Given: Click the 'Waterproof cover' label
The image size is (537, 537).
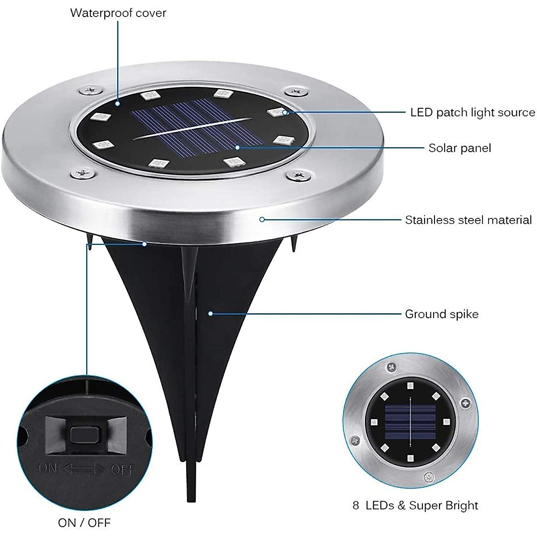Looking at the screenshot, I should pyautogui.click(x=118, y=13).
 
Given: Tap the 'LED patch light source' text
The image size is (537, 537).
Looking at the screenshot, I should pyautogui.click(x=473, y=112).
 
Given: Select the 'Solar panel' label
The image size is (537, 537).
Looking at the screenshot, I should pyautogui.click(x=460, y=148).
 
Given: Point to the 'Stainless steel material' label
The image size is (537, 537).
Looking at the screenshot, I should pyautogui.click(x=468, y=220).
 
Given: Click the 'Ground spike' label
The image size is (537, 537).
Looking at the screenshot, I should pyautogui.click(x=442, y=314).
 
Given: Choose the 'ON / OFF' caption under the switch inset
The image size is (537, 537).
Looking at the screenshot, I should pyautogui.click(x=84, y=522).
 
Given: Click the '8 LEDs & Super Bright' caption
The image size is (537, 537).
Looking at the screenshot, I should pyautogui.click(x=415, y=506).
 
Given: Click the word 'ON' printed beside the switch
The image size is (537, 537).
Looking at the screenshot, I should pyautogui.click(x=48, y=468).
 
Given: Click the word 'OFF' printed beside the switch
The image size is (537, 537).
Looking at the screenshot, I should pyautogui.click(x=121, y=469).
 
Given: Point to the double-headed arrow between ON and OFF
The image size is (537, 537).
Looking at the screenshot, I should pyautogui.click(x=84, y=469).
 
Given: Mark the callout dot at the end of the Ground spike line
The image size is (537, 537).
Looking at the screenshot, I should pyautogui.click(x=210, y=314).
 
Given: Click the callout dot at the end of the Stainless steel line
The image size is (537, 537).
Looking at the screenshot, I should pyautogui.click(x=262, y=219).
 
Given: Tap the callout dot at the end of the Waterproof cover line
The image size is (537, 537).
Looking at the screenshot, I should pyautogui.click(x=118, y=91).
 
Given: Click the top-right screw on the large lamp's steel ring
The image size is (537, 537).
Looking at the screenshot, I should pyautogui.click(x=294, y=92).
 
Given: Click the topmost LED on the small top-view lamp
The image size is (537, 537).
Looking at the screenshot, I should pyautogui.click(x=410, y=385).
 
